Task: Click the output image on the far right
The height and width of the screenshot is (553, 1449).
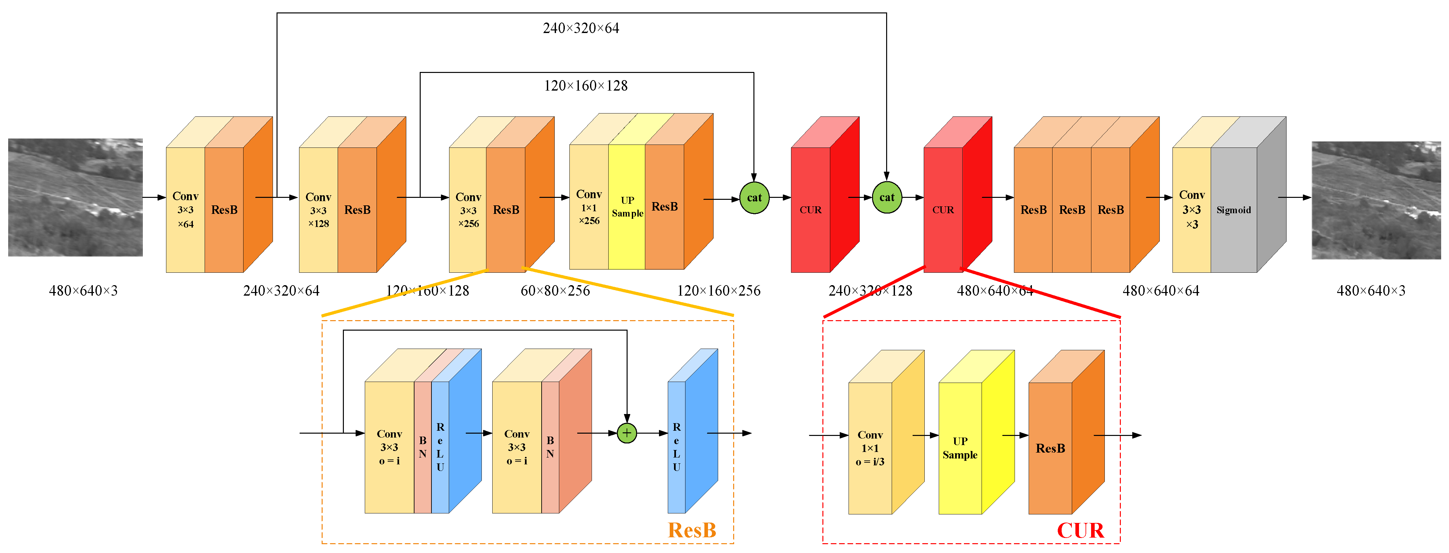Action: (x=1376, y=200)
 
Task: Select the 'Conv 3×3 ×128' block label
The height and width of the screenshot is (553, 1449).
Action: (x=318, y=210)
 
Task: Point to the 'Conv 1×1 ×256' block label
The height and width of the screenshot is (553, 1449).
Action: (x=589, y=207)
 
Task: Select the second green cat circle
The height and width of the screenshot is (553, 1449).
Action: (x=886, y=198)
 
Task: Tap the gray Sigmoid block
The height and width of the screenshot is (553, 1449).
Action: (x=1234, y=210)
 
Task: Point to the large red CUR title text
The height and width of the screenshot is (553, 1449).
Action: (x=1080, y=530)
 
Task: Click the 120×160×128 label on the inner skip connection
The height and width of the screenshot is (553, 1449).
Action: (x=585, y=85)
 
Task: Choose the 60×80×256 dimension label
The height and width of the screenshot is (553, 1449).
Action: (x=555, y=291)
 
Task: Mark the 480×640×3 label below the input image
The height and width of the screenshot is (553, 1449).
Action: (x=83, y=291)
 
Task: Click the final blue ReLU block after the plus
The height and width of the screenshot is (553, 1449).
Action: (x=677, y=447)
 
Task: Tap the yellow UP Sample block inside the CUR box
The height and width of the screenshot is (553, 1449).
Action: (x=960, y=448)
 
